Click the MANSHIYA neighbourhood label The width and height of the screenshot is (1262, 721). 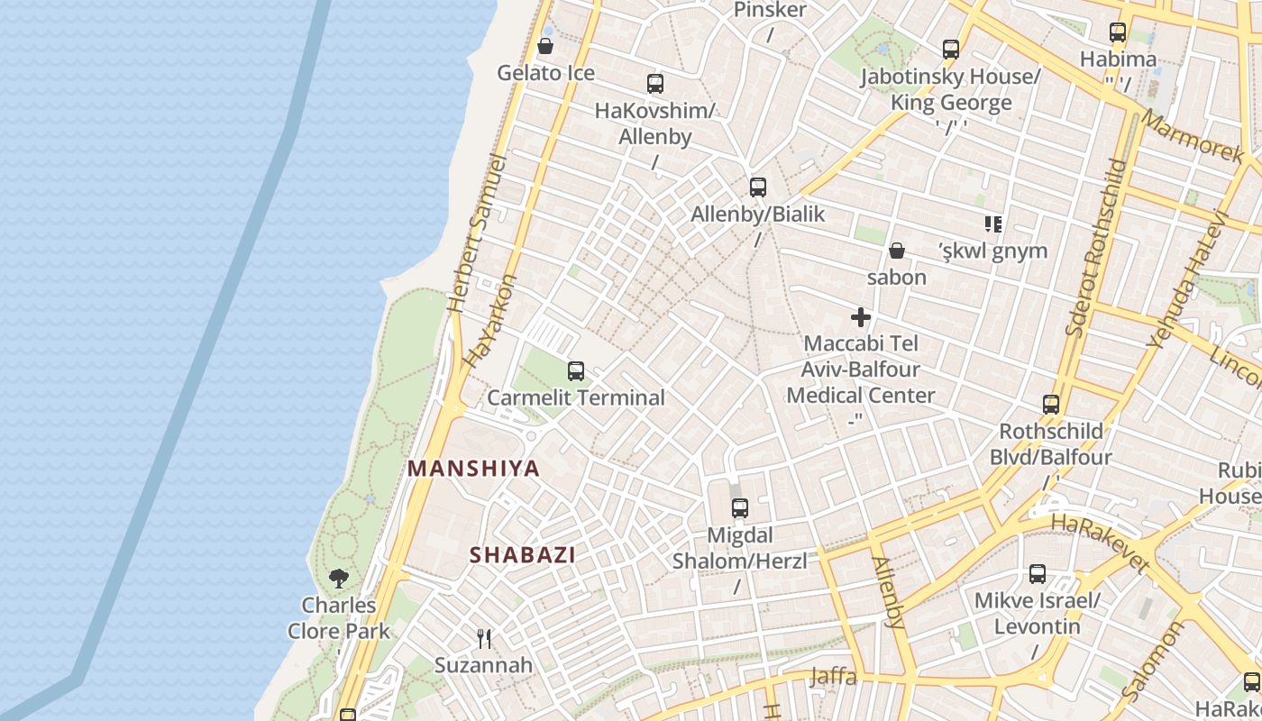[473, 469]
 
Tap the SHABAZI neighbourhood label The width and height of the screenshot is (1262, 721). [522, 555]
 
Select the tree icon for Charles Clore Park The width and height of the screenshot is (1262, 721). [339, 578]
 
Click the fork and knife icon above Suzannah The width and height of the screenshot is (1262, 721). [484, 639]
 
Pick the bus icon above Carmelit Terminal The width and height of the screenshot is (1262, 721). [575, 370]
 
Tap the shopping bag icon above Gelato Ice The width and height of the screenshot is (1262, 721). [545, 46]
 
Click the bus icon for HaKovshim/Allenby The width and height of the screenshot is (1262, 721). [655, 84]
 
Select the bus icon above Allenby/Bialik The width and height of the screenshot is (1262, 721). [758, 187]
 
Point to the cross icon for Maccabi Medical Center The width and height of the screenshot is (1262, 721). [861, 317]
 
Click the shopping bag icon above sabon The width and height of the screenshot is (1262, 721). [897, 250]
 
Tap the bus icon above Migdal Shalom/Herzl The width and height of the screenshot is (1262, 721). [740, 508]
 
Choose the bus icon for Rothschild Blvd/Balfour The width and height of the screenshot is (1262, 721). [1051, 404]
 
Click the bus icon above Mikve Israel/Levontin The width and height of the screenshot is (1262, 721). [1038, 573]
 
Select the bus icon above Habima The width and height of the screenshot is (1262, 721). [1118, 32]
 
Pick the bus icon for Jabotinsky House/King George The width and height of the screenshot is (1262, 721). [951, 50]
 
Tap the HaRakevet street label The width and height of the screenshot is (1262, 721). [1101, 543]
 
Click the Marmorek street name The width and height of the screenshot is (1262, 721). [1192, 136]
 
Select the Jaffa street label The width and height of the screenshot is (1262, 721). [833, 677]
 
